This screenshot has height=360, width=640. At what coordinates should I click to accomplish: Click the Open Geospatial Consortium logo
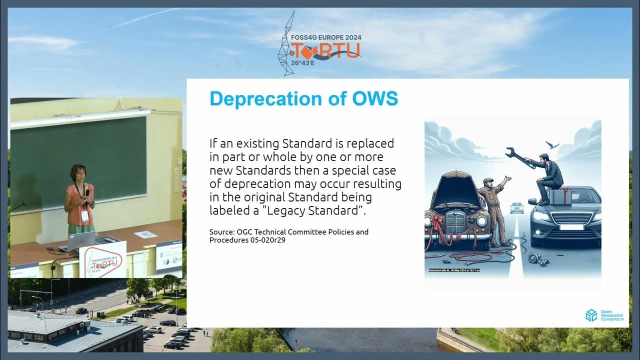(591, 315)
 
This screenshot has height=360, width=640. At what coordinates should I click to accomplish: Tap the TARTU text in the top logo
(326, 50)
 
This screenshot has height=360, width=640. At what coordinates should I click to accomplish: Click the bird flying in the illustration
(552, 145)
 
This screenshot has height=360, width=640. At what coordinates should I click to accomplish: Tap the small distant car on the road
(517, 207)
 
